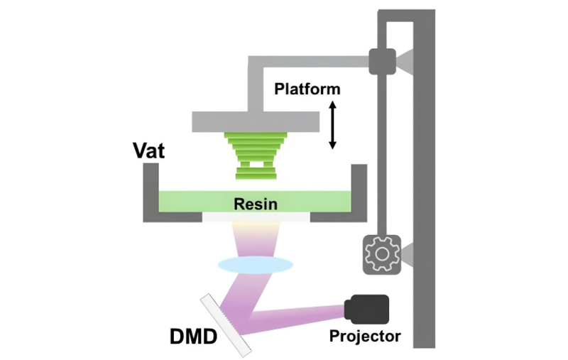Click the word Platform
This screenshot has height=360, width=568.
[x=307, y=90]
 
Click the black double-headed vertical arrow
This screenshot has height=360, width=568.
[x=332, y=125]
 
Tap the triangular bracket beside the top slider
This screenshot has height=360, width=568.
[x=406, y=60]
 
